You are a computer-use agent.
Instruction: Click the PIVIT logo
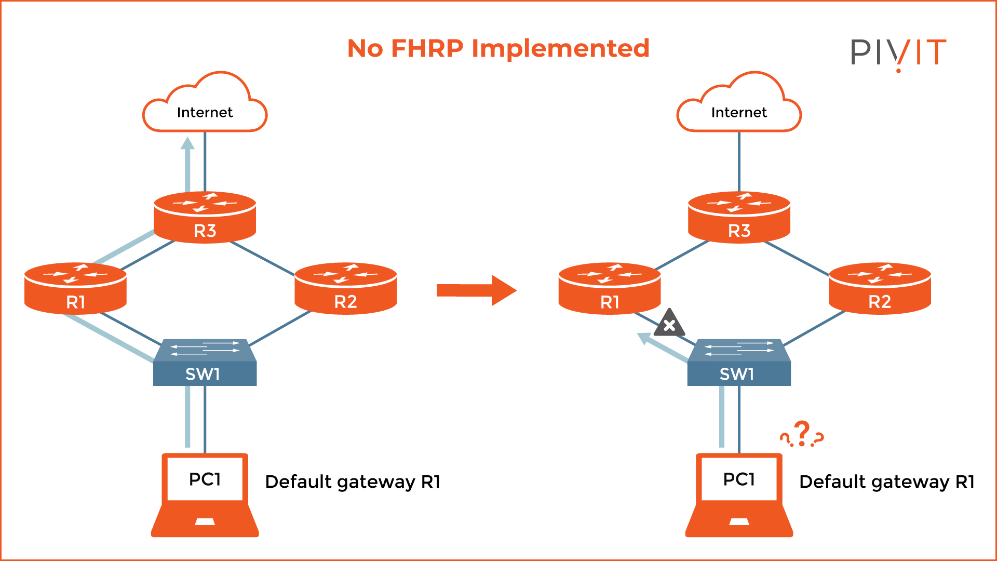click(898, 52)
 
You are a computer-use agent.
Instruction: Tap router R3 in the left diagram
click(205, 218)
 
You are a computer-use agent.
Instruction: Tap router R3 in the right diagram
click(739, 218)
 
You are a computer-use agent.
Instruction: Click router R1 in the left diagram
click(75, 289)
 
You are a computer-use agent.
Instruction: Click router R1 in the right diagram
click(610, 289)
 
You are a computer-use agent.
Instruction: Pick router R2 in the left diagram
click(345, 289)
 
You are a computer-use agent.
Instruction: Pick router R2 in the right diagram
click(880, 289)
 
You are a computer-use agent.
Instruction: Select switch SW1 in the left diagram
click(205, 364)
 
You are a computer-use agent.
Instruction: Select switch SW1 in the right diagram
click(739, 364)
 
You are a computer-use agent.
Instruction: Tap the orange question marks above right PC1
click(802, 434)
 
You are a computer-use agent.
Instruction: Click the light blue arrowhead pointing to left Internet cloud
click(187, 143)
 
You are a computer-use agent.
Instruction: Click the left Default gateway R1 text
click(353, 482)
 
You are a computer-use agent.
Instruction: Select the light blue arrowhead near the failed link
click(644, 339)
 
